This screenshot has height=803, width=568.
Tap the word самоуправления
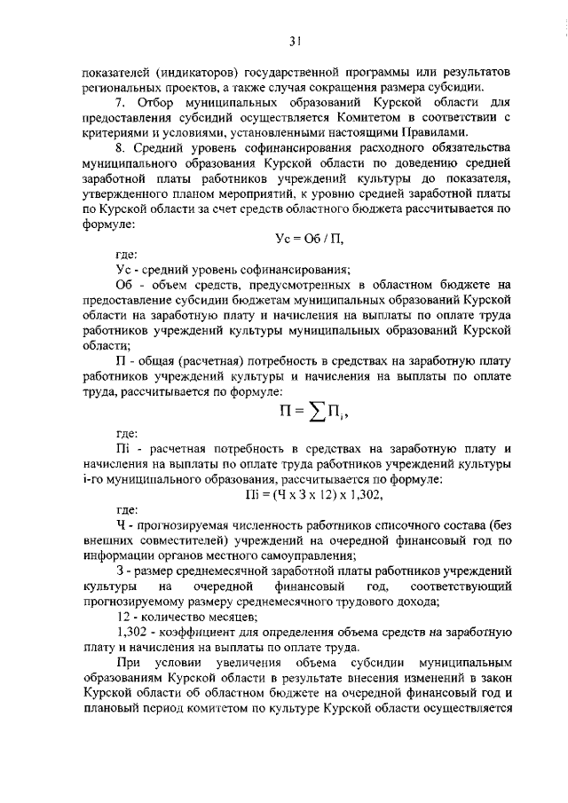(281, 555)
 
